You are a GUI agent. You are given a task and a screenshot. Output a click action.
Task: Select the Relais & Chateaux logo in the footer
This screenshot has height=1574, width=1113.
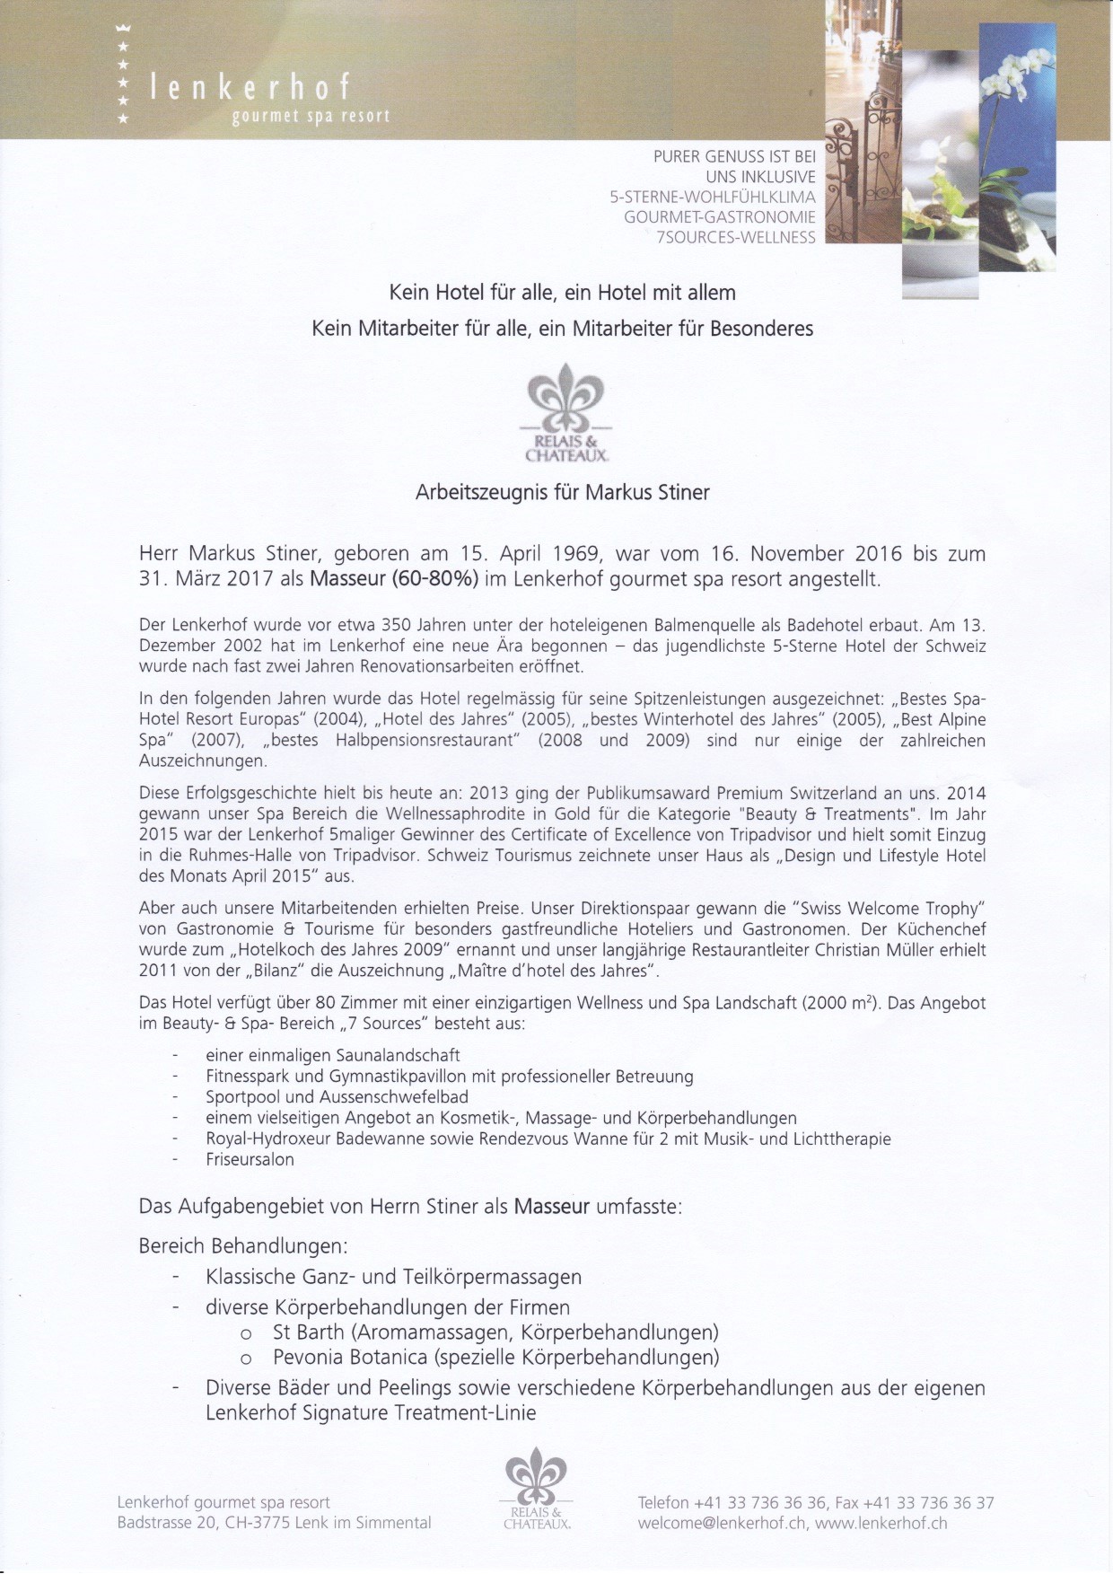(537, 1488)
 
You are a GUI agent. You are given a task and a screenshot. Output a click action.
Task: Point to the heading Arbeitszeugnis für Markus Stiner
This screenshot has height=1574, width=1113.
(562, 492)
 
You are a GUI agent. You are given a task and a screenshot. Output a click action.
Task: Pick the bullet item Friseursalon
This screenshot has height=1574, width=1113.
(250, 1159)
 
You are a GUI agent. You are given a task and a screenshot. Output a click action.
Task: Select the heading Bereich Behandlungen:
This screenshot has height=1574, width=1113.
(242, 1246)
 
